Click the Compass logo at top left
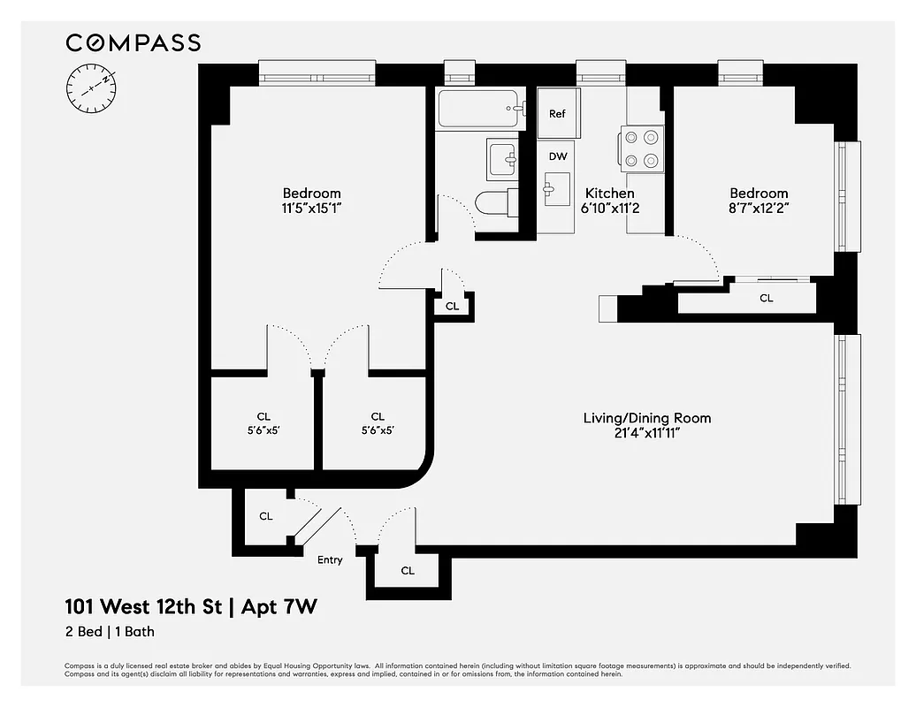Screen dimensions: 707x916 coord(134,42)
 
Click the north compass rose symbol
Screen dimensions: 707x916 coord(91,88)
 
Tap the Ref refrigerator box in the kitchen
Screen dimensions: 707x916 coord(557,113)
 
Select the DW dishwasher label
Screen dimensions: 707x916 coord(557,156)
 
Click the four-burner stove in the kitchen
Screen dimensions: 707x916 coord(642,148)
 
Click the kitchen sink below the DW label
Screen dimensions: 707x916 coord(557,189)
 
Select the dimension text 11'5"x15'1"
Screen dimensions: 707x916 coord(311,209)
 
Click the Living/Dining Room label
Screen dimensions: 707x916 coord(646,418)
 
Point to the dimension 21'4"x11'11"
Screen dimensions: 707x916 coord(646,433)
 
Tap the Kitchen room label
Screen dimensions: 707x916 coord(609,194)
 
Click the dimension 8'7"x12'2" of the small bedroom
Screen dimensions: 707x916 coord(758,209)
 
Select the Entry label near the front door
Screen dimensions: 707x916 coord(330,559)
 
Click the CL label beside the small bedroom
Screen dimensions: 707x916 coord(766,299)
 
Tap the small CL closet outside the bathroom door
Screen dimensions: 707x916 coord(452,306)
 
